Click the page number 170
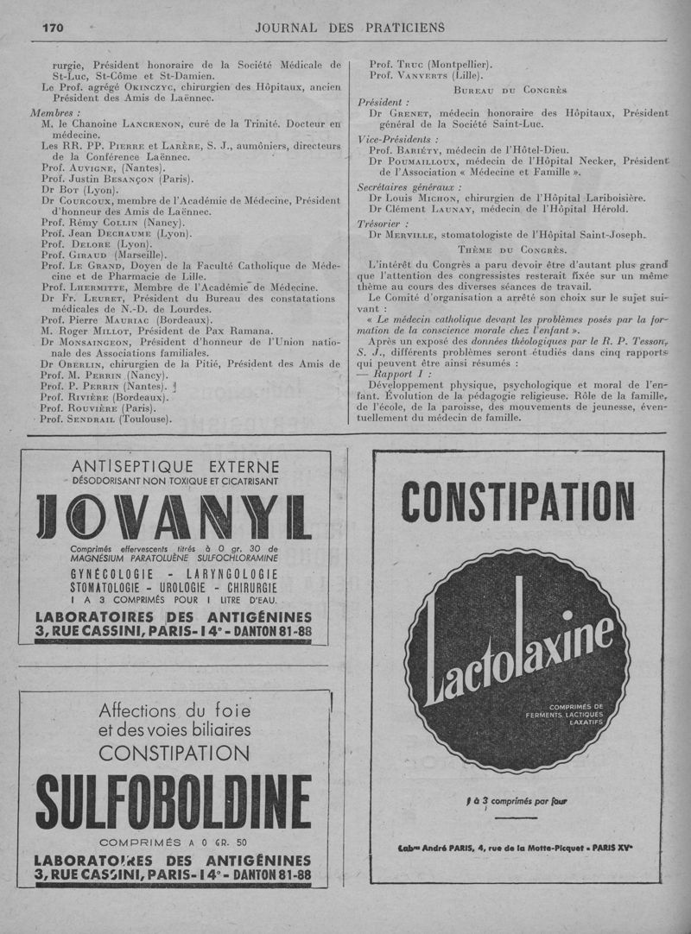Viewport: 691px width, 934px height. click(53, 28)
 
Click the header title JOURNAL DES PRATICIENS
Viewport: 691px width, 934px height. click(350, 28)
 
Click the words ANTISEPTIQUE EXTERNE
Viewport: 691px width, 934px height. click(175, 467)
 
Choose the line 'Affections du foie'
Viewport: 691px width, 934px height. click(174, 711)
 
